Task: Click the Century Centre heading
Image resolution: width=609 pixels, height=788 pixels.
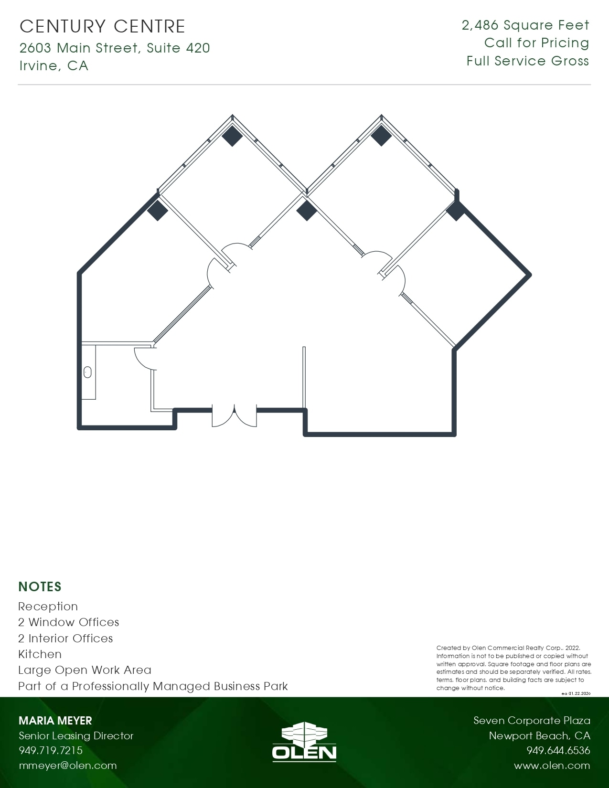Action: pyautogui.click(x=102, y=27)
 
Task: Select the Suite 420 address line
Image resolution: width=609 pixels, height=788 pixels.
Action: pyautogui.click(x=115, y=48)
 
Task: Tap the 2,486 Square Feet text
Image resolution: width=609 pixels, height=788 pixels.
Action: pyautogui.click(x=525, y=25)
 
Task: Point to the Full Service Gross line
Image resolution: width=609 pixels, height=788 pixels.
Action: pyautogui.click(x=528, y=61)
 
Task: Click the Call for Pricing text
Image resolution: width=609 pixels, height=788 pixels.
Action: pyautogui.click(x=536, y=43)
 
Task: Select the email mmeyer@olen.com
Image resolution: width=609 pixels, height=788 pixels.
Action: pyautogui.click(x=67, y=765)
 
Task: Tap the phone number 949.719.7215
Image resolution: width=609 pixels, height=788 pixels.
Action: pyautogui.click(x=51, y=750)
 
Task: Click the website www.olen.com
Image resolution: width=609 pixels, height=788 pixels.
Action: pyautogui.click(x=552, y=765)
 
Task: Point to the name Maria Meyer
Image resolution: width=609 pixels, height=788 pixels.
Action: pyautogui.click(x=55, y=721)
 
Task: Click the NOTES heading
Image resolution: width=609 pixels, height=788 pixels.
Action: pyautogui.click(x=40, y=587)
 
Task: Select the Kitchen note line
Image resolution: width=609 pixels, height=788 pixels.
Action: pyautogui.click(x=40, y=654)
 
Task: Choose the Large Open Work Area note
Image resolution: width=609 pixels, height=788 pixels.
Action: pyautogui.click(x=85, y=670)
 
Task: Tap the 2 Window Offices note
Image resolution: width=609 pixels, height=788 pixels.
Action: pyautogui.click(x=68, y=622)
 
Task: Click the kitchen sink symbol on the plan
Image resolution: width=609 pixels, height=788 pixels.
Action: pyautogui.click(x=87, y=372)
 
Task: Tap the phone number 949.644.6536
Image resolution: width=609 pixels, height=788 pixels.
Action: pyautogui.click(x=558, y=750)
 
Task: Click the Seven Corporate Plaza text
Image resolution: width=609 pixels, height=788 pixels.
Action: pyautogui.click(x=532, y=721)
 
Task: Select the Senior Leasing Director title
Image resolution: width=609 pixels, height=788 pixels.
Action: pyautogui.click(x=76, y=735)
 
